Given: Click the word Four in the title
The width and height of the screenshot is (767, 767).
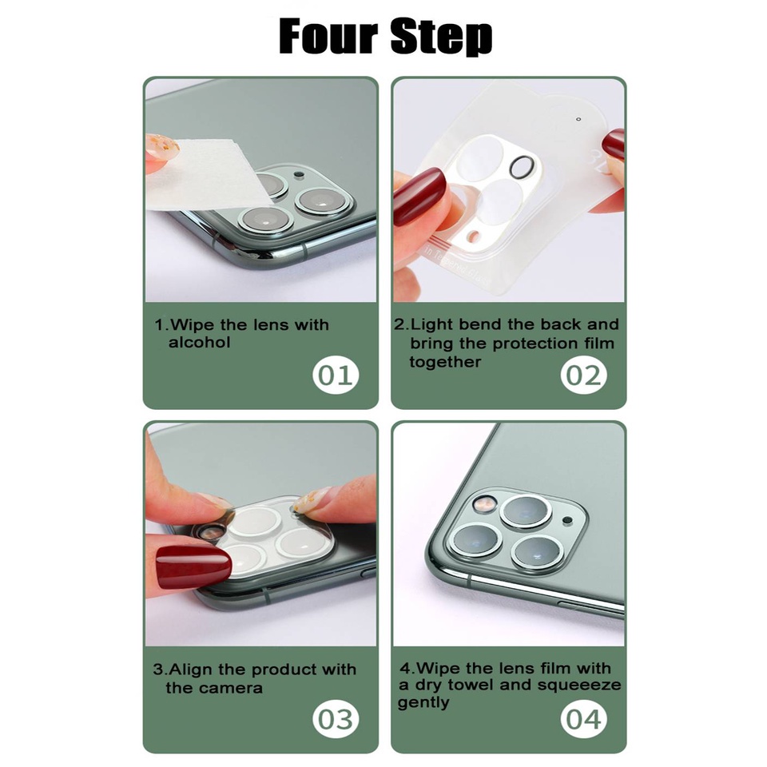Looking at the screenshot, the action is (x=328, y=36).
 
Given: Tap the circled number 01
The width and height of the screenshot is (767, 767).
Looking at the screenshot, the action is (x=336, y=376).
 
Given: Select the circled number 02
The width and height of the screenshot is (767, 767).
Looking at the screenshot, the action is (x=583, y=376).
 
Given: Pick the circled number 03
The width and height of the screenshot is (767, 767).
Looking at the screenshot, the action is (x=336, y=719).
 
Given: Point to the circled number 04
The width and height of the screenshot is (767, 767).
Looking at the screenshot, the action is (x=583, y=719).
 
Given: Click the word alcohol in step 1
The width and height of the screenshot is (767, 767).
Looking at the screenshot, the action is (x=199, y=343).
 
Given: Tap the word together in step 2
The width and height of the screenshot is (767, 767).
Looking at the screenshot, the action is (x=445, y=362).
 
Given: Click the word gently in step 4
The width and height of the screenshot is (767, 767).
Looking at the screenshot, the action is (x=423, y=702).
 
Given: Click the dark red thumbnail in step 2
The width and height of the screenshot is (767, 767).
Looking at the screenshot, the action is (x=418, y=197).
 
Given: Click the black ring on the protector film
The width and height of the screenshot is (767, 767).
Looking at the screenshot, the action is (x=522, y=167).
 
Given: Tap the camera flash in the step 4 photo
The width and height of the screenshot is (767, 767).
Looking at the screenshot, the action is (x=483, y=504).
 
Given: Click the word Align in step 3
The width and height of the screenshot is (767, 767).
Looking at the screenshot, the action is (x=191, y=670).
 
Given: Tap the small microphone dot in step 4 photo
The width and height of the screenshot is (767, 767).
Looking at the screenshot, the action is (x=567, y=520).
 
